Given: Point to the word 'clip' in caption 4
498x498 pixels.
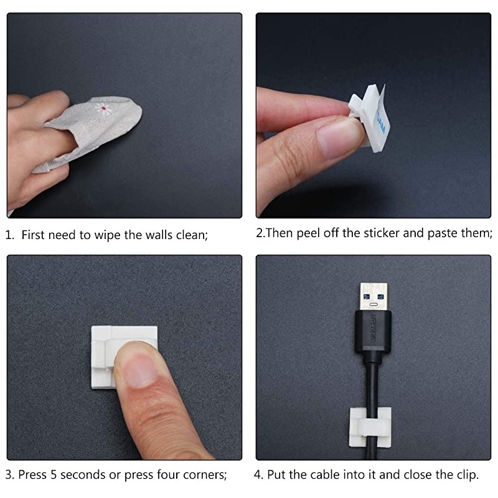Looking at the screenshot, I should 466,474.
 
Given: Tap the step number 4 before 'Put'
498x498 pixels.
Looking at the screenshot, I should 258,474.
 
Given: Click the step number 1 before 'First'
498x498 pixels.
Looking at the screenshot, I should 9,235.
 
